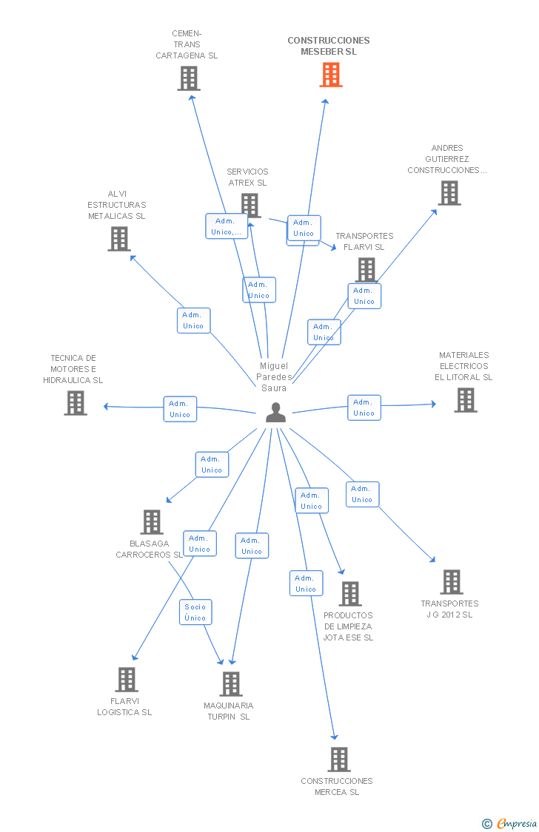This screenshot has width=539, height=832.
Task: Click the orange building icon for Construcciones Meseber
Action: [331, 75]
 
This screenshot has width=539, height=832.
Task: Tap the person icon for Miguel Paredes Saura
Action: [275, 412]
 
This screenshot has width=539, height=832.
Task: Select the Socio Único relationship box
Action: [195, 612]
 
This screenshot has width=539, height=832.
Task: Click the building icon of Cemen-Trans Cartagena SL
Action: [189, 78]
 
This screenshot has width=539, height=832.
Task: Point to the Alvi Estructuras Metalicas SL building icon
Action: [119, 239]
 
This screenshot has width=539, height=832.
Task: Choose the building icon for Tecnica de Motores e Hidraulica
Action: [76, 403]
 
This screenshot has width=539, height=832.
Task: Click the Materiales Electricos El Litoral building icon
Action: [466, 400]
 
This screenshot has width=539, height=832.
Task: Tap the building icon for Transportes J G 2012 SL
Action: [452, 582]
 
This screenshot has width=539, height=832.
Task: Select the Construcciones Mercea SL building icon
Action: [339, 760]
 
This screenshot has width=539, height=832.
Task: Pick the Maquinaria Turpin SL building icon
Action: [231, 684]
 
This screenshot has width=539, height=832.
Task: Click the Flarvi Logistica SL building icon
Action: [127, 680]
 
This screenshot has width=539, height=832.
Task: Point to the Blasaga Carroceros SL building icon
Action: [152, 522]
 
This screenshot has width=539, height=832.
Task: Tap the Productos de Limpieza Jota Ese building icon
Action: [350, 594]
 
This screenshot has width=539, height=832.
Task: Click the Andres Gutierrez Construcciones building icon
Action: [449, 193]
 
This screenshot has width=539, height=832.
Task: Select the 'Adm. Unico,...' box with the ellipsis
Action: [227, 226]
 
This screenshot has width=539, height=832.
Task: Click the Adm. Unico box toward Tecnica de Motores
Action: [180, 409]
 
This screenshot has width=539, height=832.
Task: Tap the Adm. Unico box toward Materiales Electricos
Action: [364, 407]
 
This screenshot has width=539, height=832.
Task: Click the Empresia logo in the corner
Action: [509, 823]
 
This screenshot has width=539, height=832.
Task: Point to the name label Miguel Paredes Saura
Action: [274, 376]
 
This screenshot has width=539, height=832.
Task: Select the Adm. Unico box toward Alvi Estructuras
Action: [194, 320]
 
